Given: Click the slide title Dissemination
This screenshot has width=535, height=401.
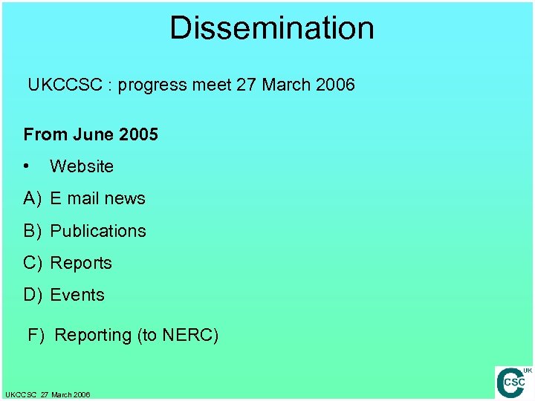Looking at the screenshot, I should [x=272, y=28].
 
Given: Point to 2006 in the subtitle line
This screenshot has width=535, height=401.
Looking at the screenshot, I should [x=335, y=85].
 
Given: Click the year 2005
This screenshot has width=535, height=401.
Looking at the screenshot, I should [x=138, y=134].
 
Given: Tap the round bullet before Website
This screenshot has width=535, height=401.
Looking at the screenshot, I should [x=27, y=166].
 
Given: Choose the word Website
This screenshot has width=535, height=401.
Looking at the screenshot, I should [x=82, y=166].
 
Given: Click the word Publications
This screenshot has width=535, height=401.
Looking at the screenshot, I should [x=98, y=231].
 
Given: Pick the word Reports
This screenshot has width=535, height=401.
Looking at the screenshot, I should [x=81, y=263].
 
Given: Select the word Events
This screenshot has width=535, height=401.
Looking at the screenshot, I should [x=77, y=295].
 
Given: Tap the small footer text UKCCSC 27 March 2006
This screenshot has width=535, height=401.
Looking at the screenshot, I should [x=48, y=394].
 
